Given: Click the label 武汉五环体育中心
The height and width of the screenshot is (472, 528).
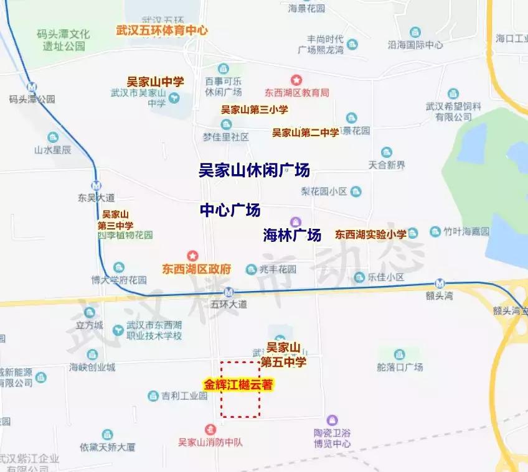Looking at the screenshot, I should pyautogui.click(x=162, y=30).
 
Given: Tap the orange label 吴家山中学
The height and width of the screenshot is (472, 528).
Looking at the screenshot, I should pyautogui.click(x=156, y=81).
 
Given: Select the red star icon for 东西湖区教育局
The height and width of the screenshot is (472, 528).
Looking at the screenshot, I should pyautogui.click(x=297, y=80).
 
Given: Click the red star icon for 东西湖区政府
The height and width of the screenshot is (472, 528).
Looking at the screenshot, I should pyautogui.click(x=192, y=256).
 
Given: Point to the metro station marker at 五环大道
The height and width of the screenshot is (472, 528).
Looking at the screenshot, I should pyautogui.click(x=230, y=292).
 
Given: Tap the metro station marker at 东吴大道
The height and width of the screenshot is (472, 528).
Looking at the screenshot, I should pyautogui.click(x=96, y=185).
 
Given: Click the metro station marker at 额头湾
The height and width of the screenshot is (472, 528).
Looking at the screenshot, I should pyautogui.click(x=441, y=282).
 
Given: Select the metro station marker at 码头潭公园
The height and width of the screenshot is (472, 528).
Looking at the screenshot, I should pyautogui.click(x=32, y=86).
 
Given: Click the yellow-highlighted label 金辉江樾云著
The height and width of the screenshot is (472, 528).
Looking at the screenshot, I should pyautogui.click(x=238, y=385).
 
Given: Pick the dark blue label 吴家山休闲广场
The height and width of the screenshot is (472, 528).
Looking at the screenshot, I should pyautogui.click(x=254, y=170).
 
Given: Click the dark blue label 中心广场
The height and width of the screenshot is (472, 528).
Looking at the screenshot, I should pyautogui.click(x=230, y=210).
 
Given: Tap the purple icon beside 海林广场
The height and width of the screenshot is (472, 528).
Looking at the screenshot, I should pyautogui.click(x=296, y=221).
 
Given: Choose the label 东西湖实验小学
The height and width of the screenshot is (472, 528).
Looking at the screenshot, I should pyautogui.click(x=370, y=234).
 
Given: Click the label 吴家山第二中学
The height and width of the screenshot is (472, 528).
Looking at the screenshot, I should pyautogui.click(x=306, y=132).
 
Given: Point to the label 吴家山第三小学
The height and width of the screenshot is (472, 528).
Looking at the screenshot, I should pyautogui.click(x=255, y=109).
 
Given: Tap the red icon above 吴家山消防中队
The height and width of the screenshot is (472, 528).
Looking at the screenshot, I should pyautogui.click(x=210, y=429).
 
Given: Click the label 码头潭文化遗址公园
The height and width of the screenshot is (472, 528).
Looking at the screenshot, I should pyautogui.click(x=63, y=39).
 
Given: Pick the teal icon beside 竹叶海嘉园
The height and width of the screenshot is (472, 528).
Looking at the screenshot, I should pyautogui.click(x=431, y=232).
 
